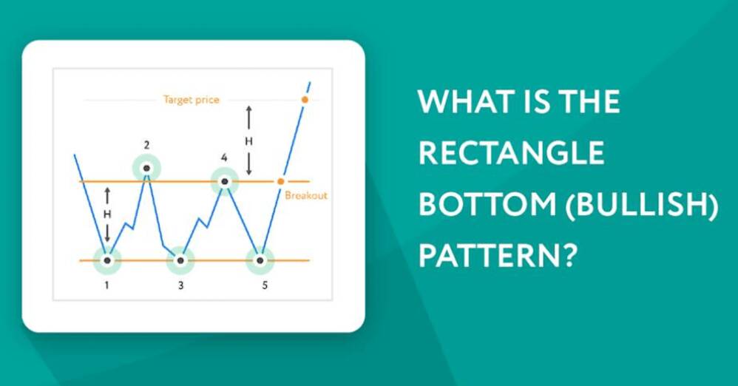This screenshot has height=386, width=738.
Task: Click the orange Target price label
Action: click(x=191, y=100)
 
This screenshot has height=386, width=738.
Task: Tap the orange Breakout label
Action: click(x=306, y=195)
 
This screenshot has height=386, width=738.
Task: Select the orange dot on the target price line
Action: click(x=305, y=100)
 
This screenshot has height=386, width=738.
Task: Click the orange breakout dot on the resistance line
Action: click(x=281, y=182)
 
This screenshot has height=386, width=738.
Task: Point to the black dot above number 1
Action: click(x=107, y=260)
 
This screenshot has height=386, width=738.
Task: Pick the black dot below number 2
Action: click(x=147, y=168)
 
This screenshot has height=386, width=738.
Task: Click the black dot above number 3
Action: click(x=180, y=260)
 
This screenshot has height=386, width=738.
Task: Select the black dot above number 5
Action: click(x=260, y=260)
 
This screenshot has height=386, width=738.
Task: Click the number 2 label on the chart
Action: click(x=147, y=146)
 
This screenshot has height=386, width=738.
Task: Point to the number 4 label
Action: click(x=224, y=158)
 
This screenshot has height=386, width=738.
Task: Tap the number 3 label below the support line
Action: click(x=180, y=285)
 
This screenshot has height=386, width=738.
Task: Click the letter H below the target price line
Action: click(x=249, y=140)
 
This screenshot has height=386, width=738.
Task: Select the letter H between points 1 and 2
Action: click(x=107, y=214)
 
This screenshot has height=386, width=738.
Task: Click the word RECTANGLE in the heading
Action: click(x=511, y=152)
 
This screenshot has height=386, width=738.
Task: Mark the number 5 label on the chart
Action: click(x=265, y=285)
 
